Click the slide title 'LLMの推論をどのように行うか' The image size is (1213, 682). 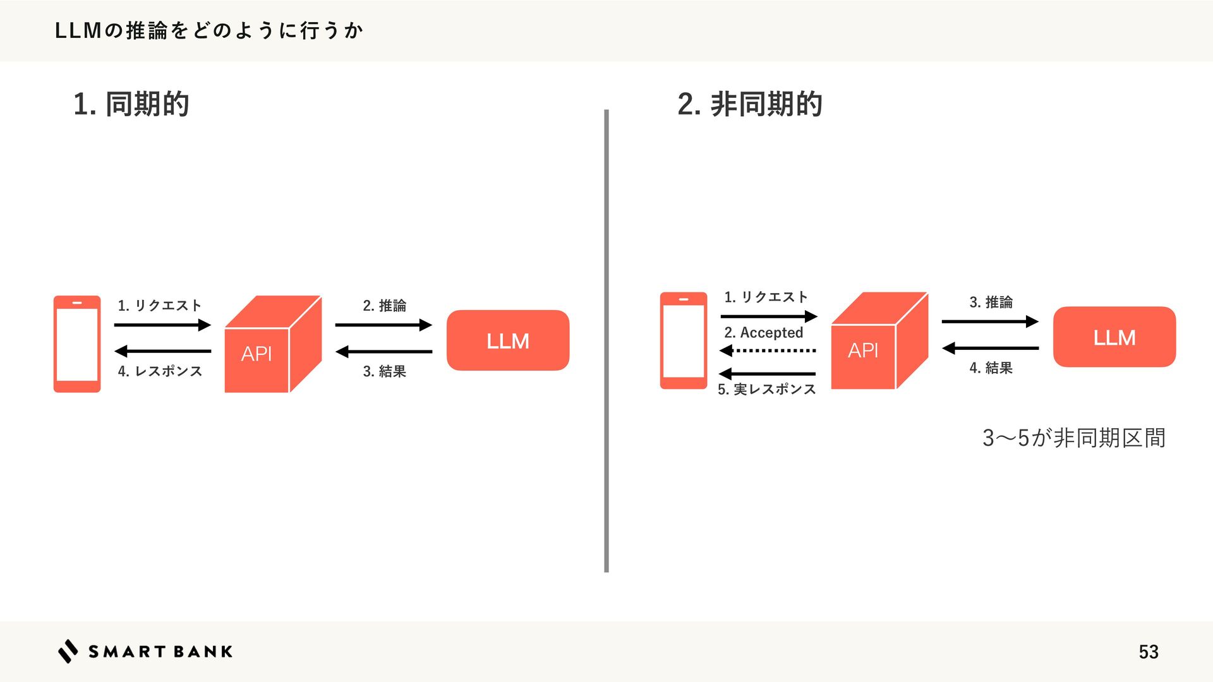coord(208,30)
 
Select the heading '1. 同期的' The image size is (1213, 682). coord(131,104)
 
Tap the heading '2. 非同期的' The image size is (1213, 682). coord(749,104)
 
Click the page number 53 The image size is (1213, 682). coord(1148,652)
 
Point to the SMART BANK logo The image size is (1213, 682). coord(145,651)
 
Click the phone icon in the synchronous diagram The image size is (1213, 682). coord(77,344)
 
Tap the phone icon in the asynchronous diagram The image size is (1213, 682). coord(684,340)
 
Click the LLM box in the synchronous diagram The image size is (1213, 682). coord(508,340)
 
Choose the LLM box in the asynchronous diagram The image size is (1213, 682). coord(1114,337)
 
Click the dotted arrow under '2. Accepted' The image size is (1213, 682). coord(768,350)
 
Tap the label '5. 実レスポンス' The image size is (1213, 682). coord(766,390)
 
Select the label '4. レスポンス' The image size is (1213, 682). coord(160,371)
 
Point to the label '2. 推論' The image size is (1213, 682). coord(384,306)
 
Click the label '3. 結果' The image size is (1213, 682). coord(384,371)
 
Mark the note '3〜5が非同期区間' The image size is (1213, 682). coord(1073,438)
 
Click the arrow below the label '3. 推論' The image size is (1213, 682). coord(990,321)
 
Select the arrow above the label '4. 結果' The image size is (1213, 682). coord(990,348)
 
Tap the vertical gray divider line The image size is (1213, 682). coord(606,341)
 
